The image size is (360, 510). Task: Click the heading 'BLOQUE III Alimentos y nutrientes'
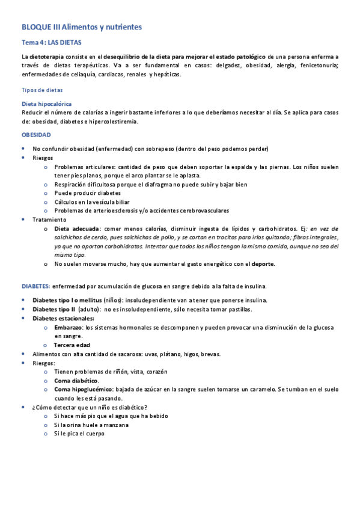click(x=82, y=28)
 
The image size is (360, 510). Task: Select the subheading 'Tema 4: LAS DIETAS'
click(x=50, y=43)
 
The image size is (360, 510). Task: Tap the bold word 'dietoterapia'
click(x=46, y=56)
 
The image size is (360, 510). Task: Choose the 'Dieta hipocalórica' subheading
click(x=46, y=104)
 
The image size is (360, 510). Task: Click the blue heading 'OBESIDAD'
click(x=36, y=135)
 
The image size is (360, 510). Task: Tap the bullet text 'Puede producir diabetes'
click(x=87, y=193)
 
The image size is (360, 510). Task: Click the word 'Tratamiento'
click(x=50, y=220)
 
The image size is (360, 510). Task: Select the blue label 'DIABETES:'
click(x=36, y=286)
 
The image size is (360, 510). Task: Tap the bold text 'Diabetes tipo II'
click(x=55, y=309)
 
